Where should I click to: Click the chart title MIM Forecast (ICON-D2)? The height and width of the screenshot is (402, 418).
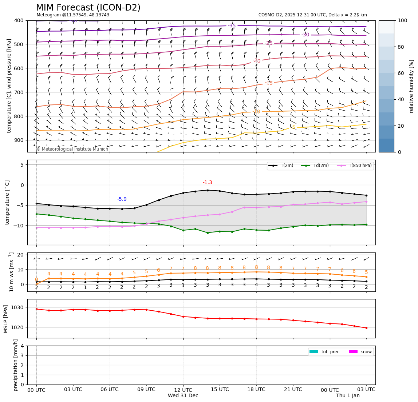88,8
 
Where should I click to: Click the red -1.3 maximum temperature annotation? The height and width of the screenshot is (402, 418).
208,183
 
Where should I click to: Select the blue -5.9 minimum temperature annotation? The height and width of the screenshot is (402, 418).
122,199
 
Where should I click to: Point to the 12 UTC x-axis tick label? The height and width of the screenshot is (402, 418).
183,390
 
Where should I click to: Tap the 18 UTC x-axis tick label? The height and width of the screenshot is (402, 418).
256,390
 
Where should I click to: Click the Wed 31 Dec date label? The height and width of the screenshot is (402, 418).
183,396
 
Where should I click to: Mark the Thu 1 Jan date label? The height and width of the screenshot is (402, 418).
348,396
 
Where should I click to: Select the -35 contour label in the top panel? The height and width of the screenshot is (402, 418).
232,26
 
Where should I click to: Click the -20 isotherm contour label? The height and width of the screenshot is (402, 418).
257,61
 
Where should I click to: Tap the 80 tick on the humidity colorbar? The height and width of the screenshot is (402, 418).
402,47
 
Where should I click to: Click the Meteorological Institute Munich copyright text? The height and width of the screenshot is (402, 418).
72,149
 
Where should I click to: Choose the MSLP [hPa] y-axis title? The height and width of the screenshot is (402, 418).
6,319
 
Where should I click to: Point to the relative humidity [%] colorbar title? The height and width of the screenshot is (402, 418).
411,86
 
